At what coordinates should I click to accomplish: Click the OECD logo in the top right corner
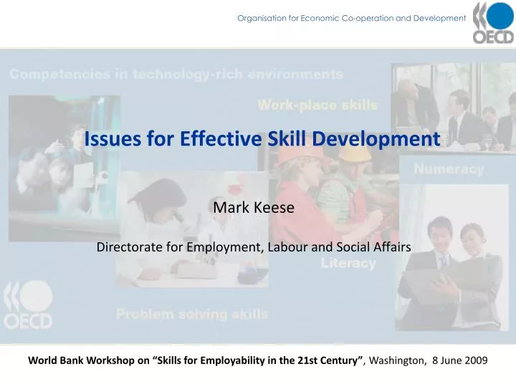[492, 24]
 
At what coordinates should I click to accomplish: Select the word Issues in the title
[107, 139]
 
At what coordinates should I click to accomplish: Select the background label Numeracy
[449, 170]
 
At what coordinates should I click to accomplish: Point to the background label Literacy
[348, 264]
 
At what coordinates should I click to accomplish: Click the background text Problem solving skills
[192, 314]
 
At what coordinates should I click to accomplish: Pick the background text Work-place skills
[317, 105]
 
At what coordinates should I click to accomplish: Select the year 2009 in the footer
[475, 361]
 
